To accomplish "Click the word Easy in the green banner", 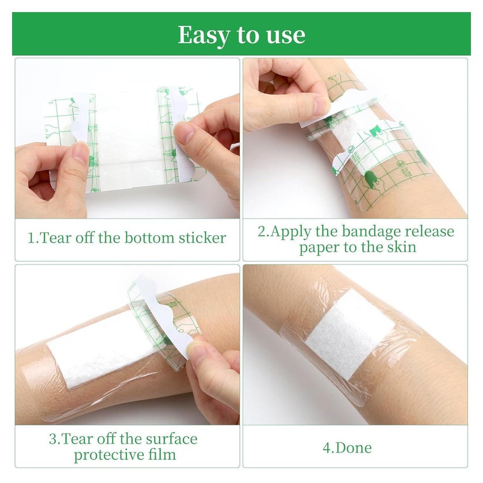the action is (205, 36).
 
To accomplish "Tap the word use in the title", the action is (286, 35).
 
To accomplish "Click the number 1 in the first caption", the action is (32, 238).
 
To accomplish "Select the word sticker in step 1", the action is (202, 238).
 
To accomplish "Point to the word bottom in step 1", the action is (149, 237).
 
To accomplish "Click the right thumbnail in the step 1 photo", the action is (184, 132).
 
